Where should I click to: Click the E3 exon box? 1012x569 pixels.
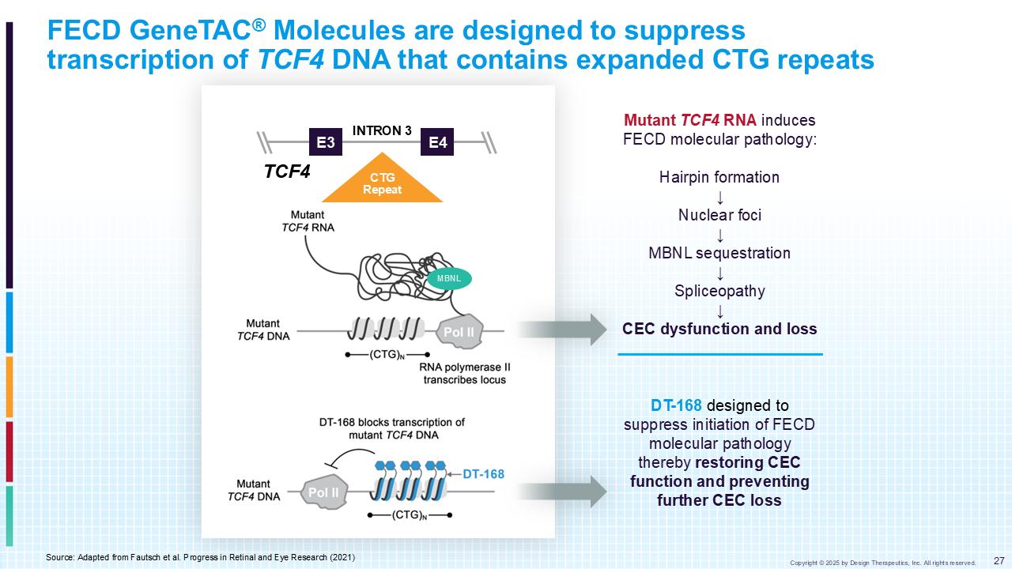pos(325,142)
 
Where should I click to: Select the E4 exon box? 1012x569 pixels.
pos(437,142)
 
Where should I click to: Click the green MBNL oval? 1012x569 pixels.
pos(448,278)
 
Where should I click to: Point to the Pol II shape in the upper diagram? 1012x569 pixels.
pos(459,332)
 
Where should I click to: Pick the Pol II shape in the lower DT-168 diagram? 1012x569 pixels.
pos(323,492)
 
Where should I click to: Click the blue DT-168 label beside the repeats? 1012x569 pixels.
pos(483,474)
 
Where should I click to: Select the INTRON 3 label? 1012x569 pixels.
pos(382,130)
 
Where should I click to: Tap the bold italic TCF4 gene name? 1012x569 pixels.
pos(287,171)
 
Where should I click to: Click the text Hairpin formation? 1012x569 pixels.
pos(719,177)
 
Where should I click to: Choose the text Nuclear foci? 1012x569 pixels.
pos(719,215)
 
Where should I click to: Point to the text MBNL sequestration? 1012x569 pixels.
pos(719,253)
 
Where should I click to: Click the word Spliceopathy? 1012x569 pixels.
pos(719,291)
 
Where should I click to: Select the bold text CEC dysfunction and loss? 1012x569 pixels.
pos(719,329)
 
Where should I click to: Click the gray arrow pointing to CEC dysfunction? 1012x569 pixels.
pos(561,330)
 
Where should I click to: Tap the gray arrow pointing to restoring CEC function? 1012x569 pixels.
pos(561,492)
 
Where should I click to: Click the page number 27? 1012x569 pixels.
pos(998,560)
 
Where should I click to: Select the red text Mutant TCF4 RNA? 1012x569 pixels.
pos(690,120)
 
